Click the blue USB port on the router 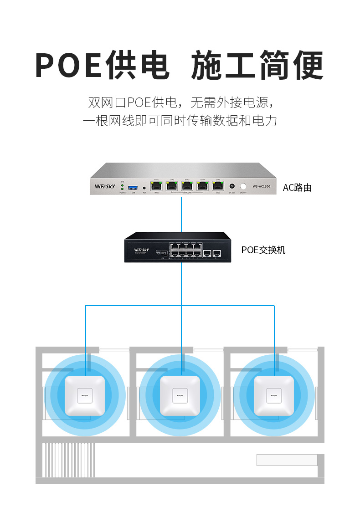(x=133, y=187)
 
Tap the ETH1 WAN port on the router (x=157, y=186)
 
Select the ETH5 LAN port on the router (x=218, y=186)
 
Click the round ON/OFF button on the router (x=243, y=186)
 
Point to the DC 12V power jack (x=232, y=186)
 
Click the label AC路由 (x=297, y=188)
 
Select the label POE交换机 (x=263, y=250)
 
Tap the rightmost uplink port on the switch (x=217, y=253)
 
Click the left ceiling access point (x=85, y=395)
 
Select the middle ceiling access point (x=180, y=395)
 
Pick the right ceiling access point (x=274, y=395)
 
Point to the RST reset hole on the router (x=144, y=187)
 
